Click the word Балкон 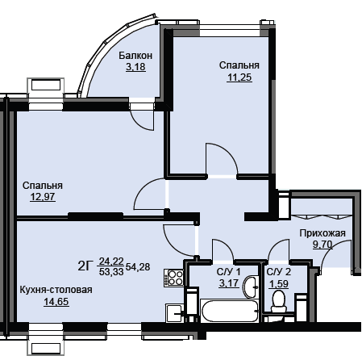135,56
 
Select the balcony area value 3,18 135,67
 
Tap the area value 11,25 239,77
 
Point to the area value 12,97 43,197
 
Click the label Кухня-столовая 56,290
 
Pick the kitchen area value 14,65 56,302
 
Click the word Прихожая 322,233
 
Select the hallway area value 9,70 322,245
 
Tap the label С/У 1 228,272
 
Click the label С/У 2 279,272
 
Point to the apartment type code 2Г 85,266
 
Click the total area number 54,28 138,267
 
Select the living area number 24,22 111,261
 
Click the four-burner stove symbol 174,278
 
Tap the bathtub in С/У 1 230,312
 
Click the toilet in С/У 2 278,302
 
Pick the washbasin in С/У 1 250,287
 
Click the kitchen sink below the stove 175,312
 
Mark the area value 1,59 279,284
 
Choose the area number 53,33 111,272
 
